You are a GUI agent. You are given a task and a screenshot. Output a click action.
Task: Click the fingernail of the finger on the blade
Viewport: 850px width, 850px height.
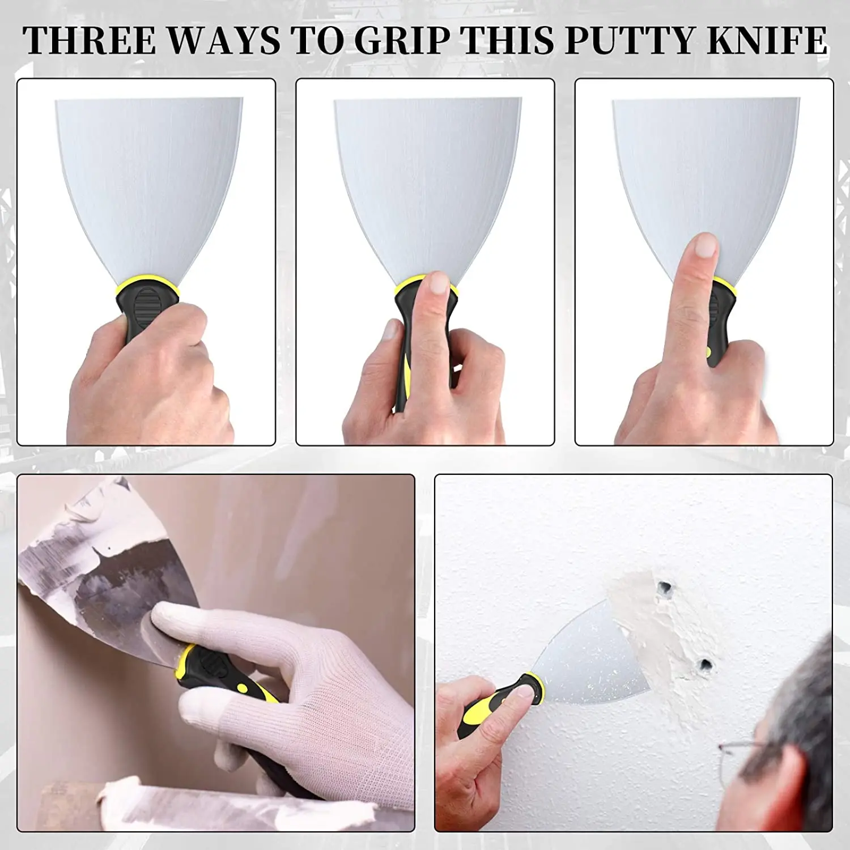coord(704,245)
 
